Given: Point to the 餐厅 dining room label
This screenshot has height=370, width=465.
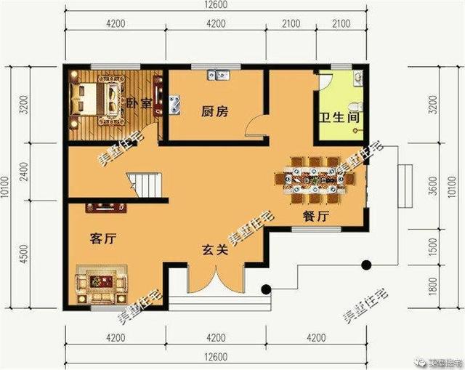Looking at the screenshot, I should pos(316,216).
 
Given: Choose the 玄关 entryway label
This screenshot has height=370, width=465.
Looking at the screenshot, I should pos(215,252).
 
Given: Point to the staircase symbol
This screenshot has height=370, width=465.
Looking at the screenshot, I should pos(144,183).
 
